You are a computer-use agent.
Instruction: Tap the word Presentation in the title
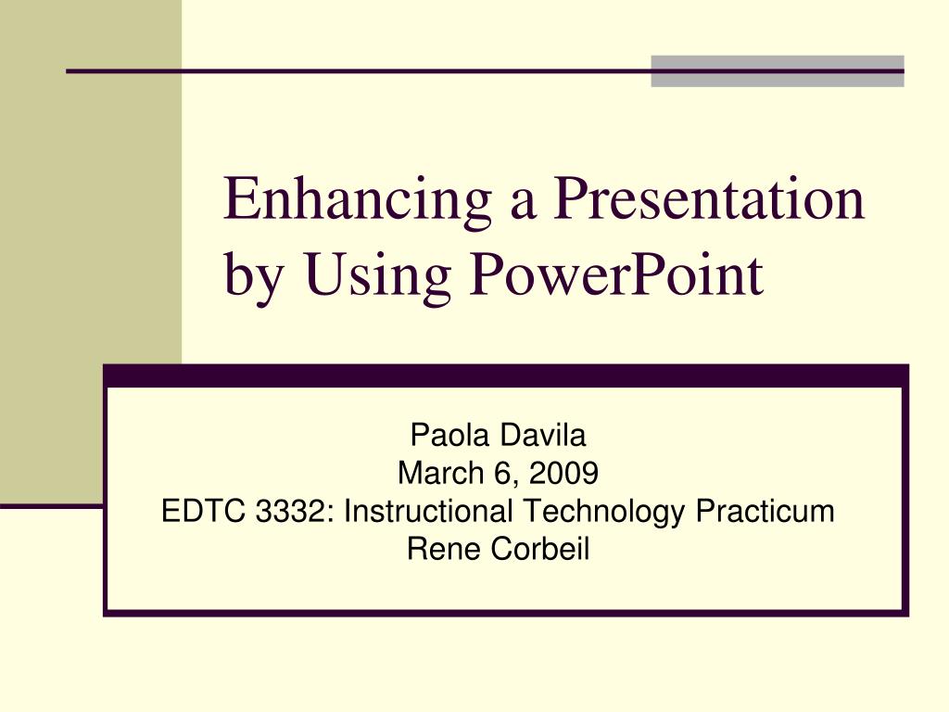tap(708, 198)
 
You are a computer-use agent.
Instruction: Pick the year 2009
tap(571, 473)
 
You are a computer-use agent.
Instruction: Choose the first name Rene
tap(445, 550)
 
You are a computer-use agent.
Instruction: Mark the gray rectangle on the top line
tap(777, 71)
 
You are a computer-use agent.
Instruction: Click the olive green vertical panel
tap(91, 250)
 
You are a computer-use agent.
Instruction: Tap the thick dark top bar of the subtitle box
tap(505, 375)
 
